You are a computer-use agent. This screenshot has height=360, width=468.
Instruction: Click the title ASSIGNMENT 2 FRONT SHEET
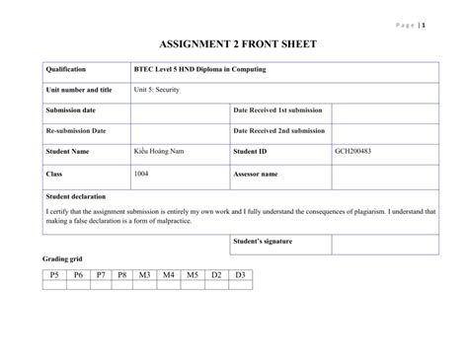pos(233,46)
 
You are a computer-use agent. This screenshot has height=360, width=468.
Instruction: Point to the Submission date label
pos(70,110)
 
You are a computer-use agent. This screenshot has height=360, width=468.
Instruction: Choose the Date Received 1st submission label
pos(279,110)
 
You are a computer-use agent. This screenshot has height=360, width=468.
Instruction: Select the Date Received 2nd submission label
pos(279,130)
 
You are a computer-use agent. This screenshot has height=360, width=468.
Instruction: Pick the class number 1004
pos(141,173)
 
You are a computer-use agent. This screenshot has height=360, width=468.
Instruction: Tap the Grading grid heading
pos(60,258)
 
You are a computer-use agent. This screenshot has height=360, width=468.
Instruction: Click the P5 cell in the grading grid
pos(54,274)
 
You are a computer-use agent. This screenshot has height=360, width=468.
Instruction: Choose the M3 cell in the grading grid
pos(146,274)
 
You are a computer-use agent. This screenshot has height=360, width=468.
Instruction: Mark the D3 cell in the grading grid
pos(240,274)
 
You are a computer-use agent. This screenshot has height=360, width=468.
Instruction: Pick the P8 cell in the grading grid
pos(122,274)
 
